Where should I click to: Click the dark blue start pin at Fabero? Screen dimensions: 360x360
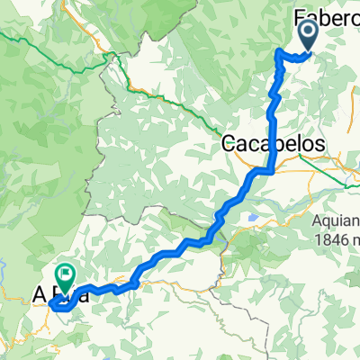pos(307,36)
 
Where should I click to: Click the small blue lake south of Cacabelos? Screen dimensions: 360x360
pos(256,217)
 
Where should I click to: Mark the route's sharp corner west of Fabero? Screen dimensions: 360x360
pos(278,56)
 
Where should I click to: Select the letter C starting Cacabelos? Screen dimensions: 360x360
pos(229,143)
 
